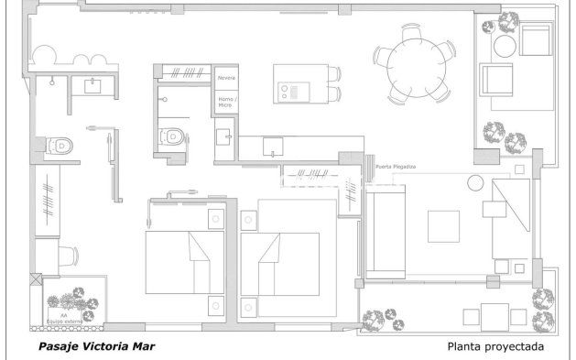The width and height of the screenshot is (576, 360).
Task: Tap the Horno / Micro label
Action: point(225,102)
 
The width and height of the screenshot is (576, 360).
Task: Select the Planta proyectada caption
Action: point(496,347)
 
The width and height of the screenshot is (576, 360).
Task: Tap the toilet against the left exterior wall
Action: point(58,145)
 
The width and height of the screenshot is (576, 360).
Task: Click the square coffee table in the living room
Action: point(444,224)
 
